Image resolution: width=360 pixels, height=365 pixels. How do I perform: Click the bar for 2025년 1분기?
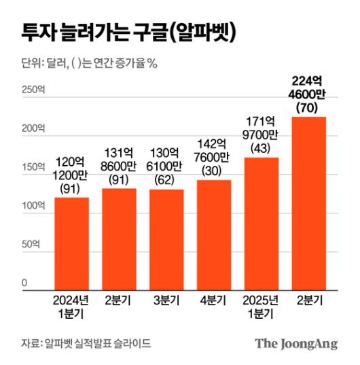(262, 224)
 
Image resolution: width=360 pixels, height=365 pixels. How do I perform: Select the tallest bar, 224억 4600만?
(308, 204)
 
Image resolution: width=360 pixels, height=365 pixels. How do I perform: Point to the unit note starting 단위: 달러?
(89, 64)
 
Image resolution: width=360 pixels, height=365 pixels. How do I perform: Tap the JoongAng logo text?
(296, 343)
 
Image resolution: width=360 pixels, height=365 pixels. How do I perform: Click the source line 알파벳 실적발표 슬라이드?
(86, 343)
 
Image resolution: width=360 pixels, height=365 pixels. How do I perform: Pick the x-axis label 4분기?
(214, 300)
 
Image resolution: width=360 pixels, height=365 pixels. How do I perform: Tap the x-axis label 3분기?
(166, 300)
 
